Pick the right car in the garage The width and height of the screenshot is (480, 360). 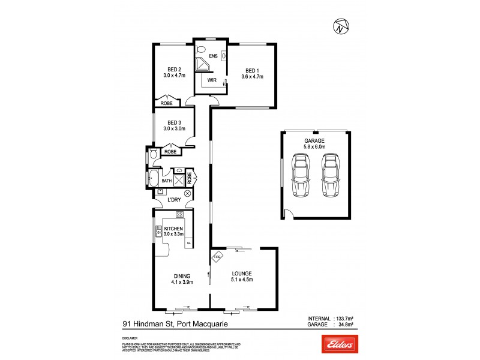point(329,175)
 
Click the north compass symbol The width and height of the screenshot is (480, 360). point(340,27)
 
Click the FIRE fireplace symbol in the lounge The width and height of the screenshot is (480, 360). point(217,258)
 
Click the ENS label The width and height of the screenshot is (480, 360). point(212,56)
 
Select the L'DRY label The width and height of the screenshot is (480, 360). point(174,199)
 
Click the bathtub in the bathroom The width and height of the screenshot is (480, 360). point(153,179)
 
